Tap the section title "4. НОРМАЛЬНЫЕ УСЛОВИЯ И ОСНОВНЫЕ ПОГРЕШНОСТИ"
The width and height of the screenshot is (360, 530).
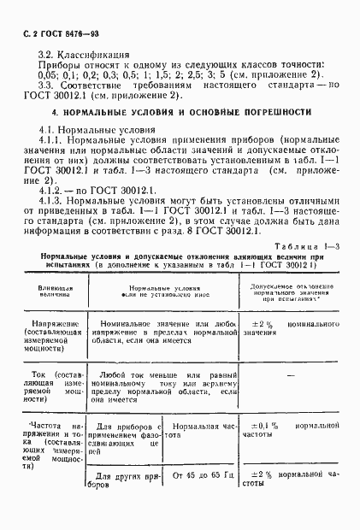click(180, 112)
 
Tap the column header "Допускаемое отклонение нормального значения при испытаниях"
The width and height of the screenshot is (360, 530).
click(292, 292)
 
